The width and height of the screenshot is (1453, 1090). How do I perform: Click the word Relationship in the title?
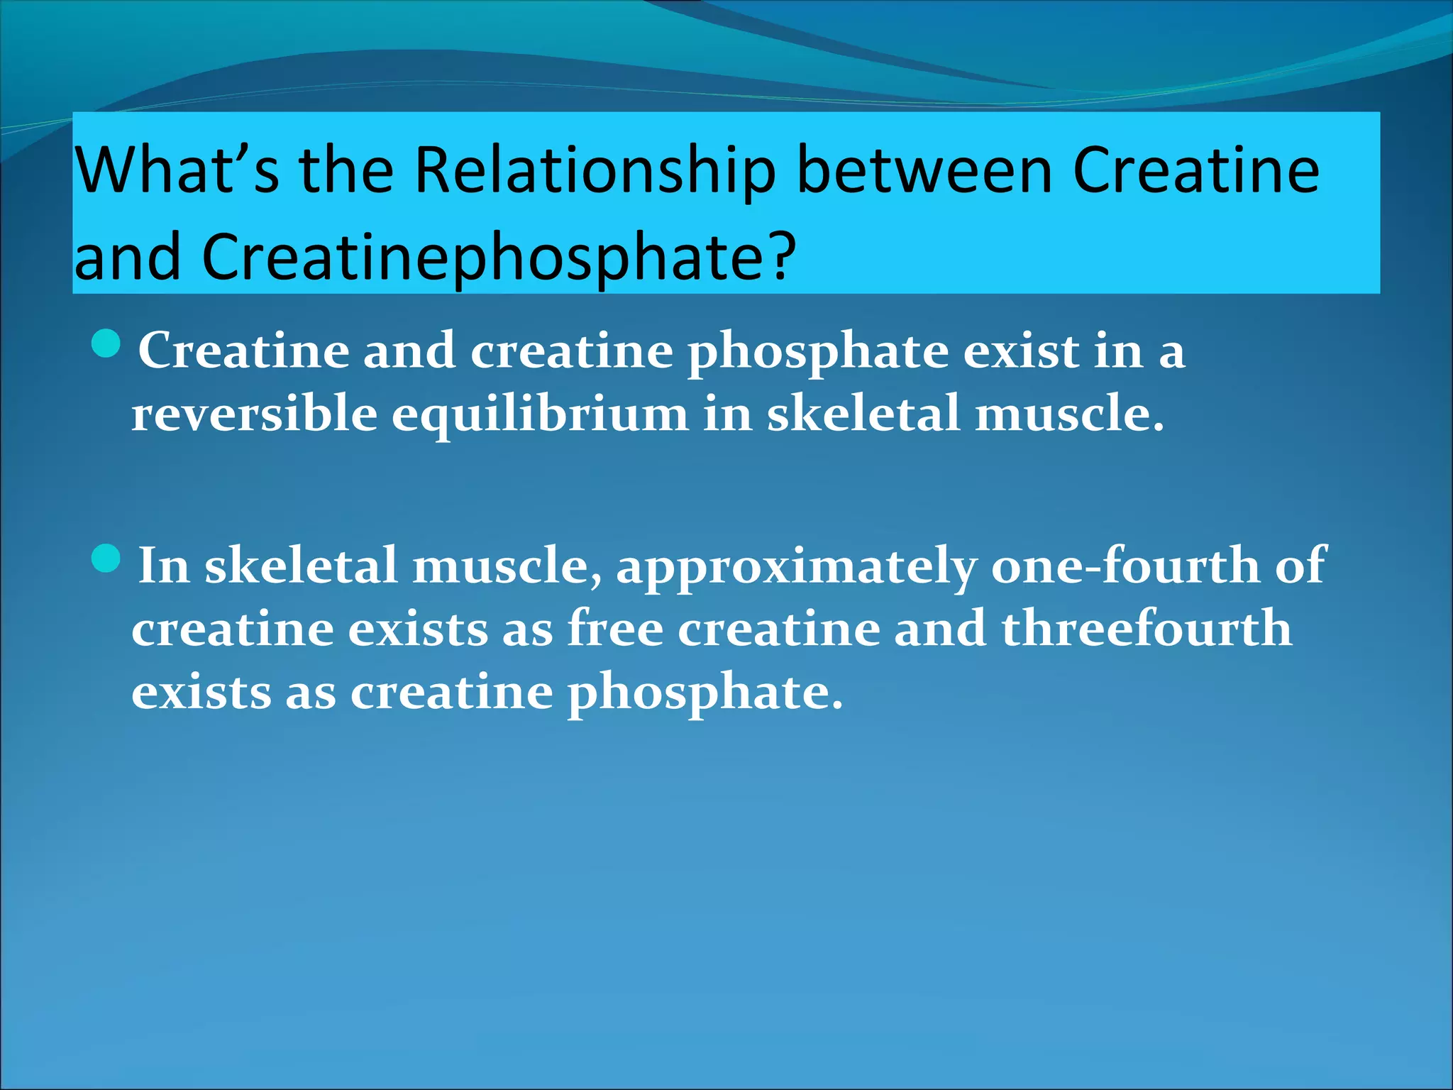tap(595, 172)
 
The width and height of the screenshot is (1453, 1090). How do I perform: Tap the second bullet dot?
tap(107, 559)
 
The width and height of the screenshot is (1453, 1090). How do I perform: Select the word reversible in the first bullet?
tap(254, 414)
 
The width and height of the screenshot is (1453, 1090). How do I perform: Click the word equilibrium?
tap(540, 414)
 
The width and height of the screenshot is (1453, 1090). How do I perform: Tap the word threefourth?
tap(1147, 629)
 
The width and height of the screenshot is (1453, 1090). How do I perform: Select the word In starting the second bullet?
tap(164, 566)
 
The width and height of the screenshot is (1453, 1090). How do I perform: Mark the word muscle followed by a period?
tap(1068, 414)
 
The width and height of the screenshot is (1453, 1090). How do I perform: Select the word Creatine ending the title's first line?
tap(1195, 170)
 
